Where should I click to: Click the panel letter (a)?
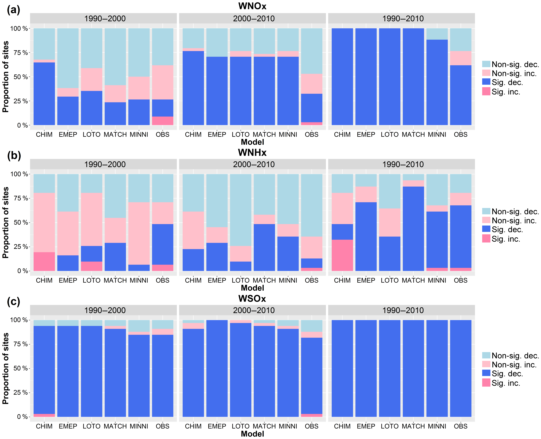[13, 10]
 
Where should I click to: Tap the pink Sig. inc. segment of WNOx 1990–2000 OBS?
[163, 121]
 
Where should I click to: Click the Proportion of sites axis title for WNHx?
[6, 223]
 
